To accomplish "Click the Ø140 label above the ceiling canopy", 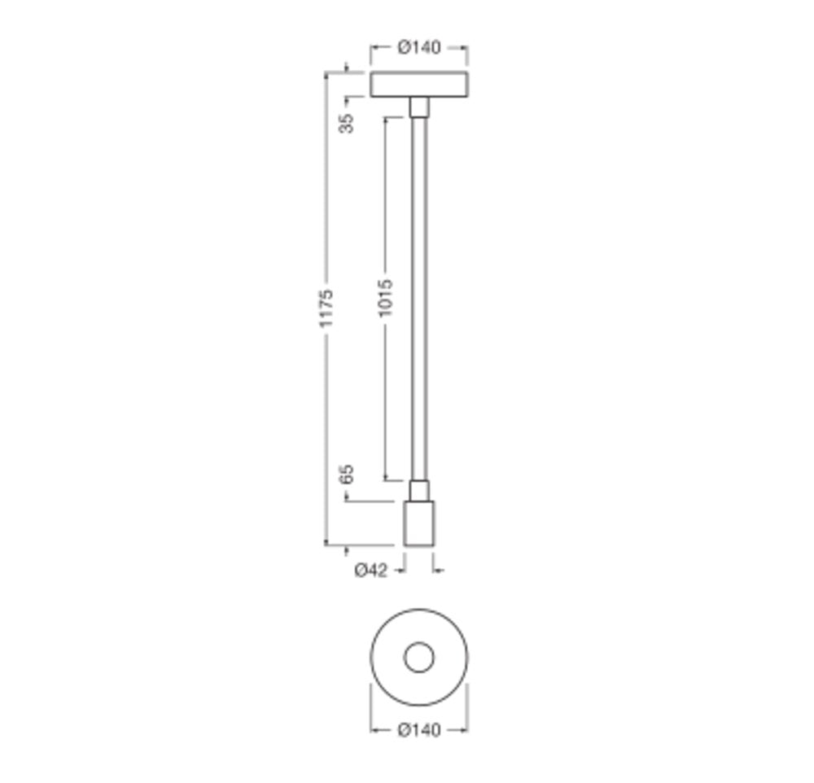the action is [419, 47].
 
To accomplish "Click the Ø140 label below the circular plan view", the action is [419, 729].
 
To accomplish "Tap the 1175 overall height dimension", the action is [326, 308].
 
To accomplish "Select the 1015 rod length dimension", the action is [385, 298].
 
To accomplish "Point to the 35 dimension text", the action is [346, 123].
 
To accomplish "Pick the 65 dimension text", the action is [346, 474].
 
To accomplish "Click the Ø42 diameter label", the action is [370, 570].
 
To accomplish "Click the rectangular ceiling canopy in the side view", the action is [419, 85].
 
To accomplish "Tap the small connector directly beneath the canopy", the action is [419, 107].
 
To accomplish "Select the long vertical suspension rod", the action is [419, 299].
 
